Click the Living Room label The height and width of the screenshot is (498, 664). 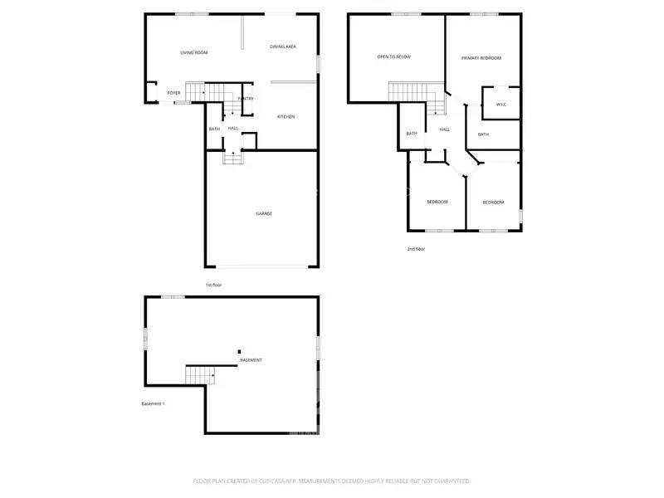click(193, 52)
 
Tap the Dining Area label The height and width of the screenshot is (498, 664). click(283, 46)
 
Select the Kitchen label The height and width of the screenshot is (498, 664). click(286, 116)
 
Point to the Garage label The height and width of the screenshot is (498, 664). click(264, 213)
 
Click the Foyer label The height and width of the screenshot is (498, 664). click(174, 93)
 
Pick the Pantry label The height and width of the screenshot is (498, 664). click(246, 99)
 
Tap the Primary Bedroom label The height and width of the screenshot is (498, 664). click(482, 57)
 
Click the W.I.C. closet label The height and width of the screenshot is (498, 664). click(501, 105)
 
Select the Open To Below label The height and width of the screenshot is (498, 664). click(393, 56)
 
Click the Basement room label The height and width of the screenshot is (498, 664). click(251, 360)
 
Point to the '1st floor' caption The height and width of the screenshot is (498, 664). click(214, 285)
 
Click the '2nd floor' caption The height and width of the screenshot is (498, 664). click(416, 248)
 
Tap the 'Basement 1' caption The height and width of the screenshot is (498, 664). click(153, 403)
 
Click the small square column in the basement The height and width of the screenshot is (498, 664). click(239, 351)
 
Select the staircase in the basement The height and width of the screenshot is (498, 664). click(200, 374)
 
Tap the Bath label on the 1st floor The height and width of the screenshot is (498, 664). click(214, 129)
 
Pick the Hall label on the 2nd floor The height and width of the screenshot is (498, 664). click(445, 129)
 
